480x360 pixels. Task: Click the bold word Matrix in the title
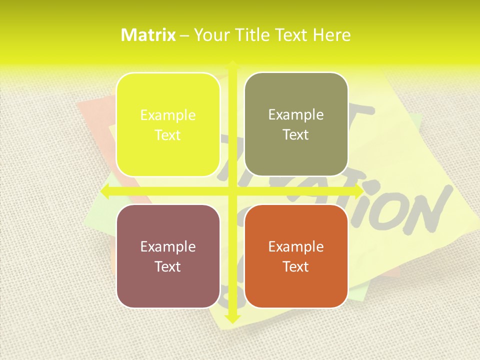(148, 35)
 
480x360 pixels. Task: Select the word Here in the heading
(331, 35)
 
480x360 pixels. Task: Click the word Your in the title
(209, 35)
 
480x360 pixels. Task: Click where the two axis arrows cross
(232, 191)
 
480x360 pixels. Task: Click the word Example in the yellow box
(168, 115)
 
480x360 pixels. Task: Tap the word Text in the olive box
(296, 135)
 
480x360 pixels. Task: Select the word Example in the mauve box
(168, 246)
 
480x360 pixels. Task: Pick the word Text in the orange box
(296, 266)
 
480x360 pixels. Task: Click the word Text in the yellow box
(168, 135)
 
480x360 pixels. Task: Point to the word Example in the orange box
(296, 246)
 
